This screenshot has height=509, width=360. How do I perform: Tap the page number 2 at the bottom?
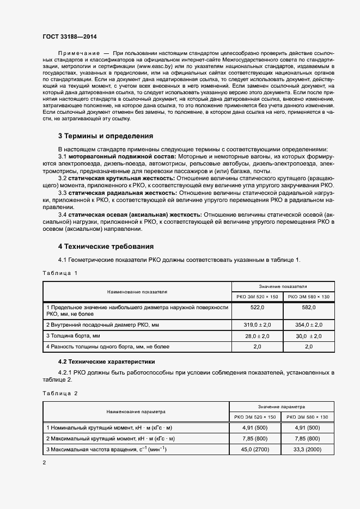(44, 463)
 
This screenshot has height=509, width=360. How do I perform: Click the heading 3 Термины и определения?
(106, 136)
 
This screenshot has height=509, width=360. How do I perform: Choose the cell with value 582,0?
(309, 308)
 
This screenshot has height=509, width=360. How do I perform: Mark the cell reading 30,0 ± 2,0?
(309, 336)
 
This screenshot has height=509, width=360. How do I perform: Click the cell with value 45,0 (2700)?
(255, 449)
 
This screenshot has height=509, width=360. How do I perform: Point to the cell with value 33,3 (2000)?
(308, 449)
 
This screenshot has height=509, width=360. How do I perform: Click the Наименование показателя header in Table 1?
(137, 291)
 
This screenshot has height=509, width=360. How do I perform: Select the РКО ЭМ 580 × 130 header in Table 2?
(308, 417)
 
